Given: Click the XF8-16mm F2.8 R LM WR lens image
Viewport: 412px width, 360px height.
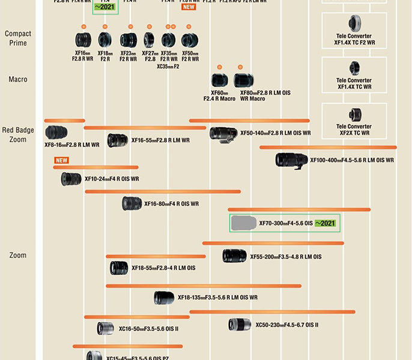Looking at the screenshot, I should (56, 133).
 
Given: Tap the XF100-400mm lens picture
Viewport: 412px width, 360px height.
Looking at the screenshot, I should (292, 160).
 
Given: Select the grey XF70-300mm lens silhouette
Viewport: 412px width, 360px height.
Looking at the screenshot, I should (244, 223).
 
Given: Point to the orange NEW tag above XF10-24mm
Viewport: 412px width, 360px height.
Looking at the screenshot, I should (61, 160).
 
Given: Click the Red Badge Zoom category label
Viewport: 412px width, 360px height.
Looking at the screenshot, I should (18, 135).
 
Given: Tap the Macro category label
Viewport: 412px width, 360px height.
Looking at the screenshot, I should (18, 79).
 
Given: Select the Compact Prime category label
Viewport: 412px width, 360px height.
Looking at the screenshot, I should (18, 38).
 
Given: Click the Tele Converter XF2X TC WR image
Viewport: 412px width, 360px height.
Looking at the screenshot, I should (355, 114).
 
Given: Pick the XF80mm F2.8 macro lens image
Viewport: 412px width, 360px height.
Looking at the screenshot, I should (245, 80).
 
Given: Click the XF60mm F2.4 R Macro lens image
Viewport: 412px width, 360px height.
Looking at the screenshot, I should (219, 80).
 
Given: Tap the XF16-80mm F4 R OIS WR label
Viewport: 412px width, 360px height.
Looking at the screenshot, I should (171, 204).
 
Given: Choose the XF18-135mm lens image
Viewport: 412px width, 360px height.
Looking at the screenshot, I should (164, 297).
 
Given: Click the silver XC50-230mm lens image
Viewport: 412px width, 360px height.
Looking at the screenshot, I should (240, 325).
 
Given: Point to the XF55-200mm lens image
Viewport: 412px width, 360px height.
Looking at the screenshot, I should (234, 256).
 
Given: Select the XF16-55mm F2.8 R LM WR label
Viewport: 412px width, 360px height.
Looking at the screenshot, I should (160, 140).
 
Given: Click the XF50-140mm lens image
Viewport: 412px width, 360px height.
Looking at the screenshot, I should (223, 133).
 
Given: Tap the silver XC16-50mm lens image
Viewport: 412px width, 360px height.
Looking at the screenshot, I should (106, 328).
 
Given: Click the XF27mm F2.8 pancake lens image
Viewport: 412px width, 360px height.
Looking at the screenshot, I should (149, 40).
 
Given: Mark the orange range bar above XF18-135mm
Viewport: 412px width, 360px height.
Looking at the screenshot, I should (203, 286).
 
